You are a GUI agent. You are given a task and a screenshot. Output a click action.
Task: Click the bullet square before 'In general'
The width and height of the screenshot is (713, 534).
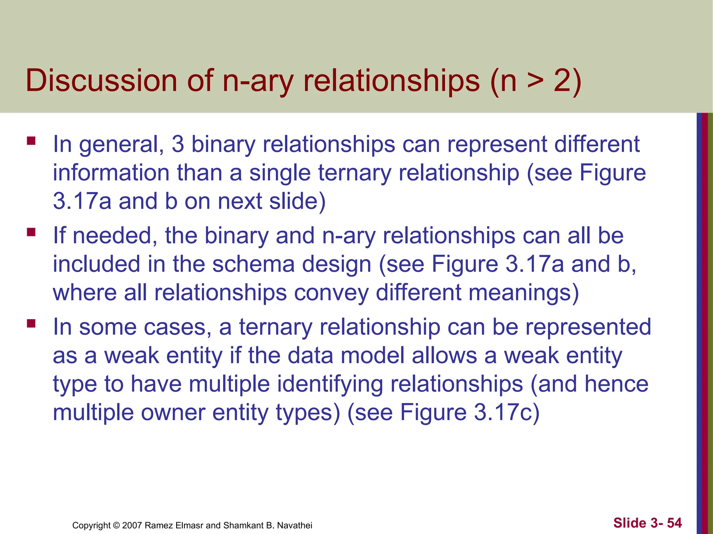[31, 140]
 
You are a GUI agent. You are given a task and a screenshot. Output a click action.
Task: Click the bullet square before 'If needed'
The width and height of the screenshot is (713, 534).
[31, 232]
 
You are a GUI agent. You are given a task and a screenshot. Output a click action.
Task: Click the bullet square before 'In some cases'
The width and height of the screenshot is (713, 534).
[31, 324]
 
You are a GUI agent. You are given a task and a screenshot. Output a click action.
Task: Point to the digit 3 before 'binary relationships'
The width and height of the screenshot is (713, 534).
[178, 144]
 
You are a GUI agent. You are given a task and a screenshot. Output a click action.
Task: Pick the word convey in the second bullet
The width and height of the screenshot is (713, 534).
[331, 293]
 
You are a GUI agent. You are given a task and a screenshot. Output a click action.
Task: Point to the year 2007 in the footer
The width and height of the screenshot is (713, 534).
[132, 525]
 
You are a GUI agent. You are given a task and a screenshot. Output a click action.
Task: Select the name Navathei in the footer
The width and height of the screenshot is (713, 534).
[295, 525]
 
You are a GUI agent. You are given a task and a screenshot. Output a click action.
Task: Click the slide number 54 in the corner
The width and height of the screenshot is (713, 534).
[674, 523]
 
